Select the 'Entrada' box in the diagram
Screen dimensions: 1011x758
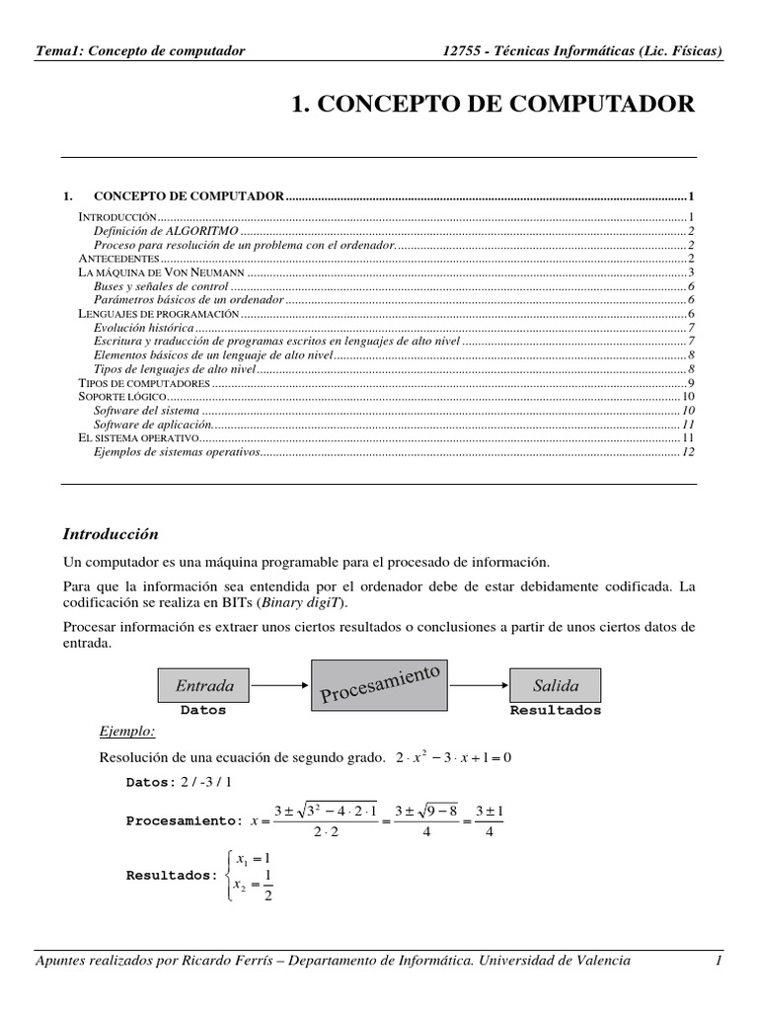click(204, 685)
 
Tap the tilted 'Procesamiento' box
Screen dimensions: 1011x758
click(379, 685)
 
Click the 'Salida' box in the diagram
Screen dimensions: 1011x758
click(555, 685)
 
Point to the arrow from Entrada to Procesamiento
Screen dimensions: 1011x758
click(281, 684)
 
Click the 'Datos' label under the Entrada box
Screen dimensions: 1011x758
click(203, 710)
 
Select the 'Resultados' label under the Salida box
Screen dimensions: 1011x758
click(555, 710)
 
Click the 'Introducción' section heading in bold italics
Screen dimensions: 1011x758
click(111, 534)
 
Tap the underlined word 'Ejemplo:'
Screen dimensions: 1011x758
click(128, 732)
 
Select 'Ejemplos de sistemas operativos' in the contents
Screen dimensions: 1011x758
click(178, 451)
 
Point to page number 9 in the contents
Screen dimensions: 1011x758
click(692, 382)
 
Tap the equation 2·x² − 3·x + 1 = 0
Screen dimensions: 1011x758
click(453, 758)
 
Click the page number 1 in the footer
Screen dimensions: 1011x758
click(720, 960)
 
